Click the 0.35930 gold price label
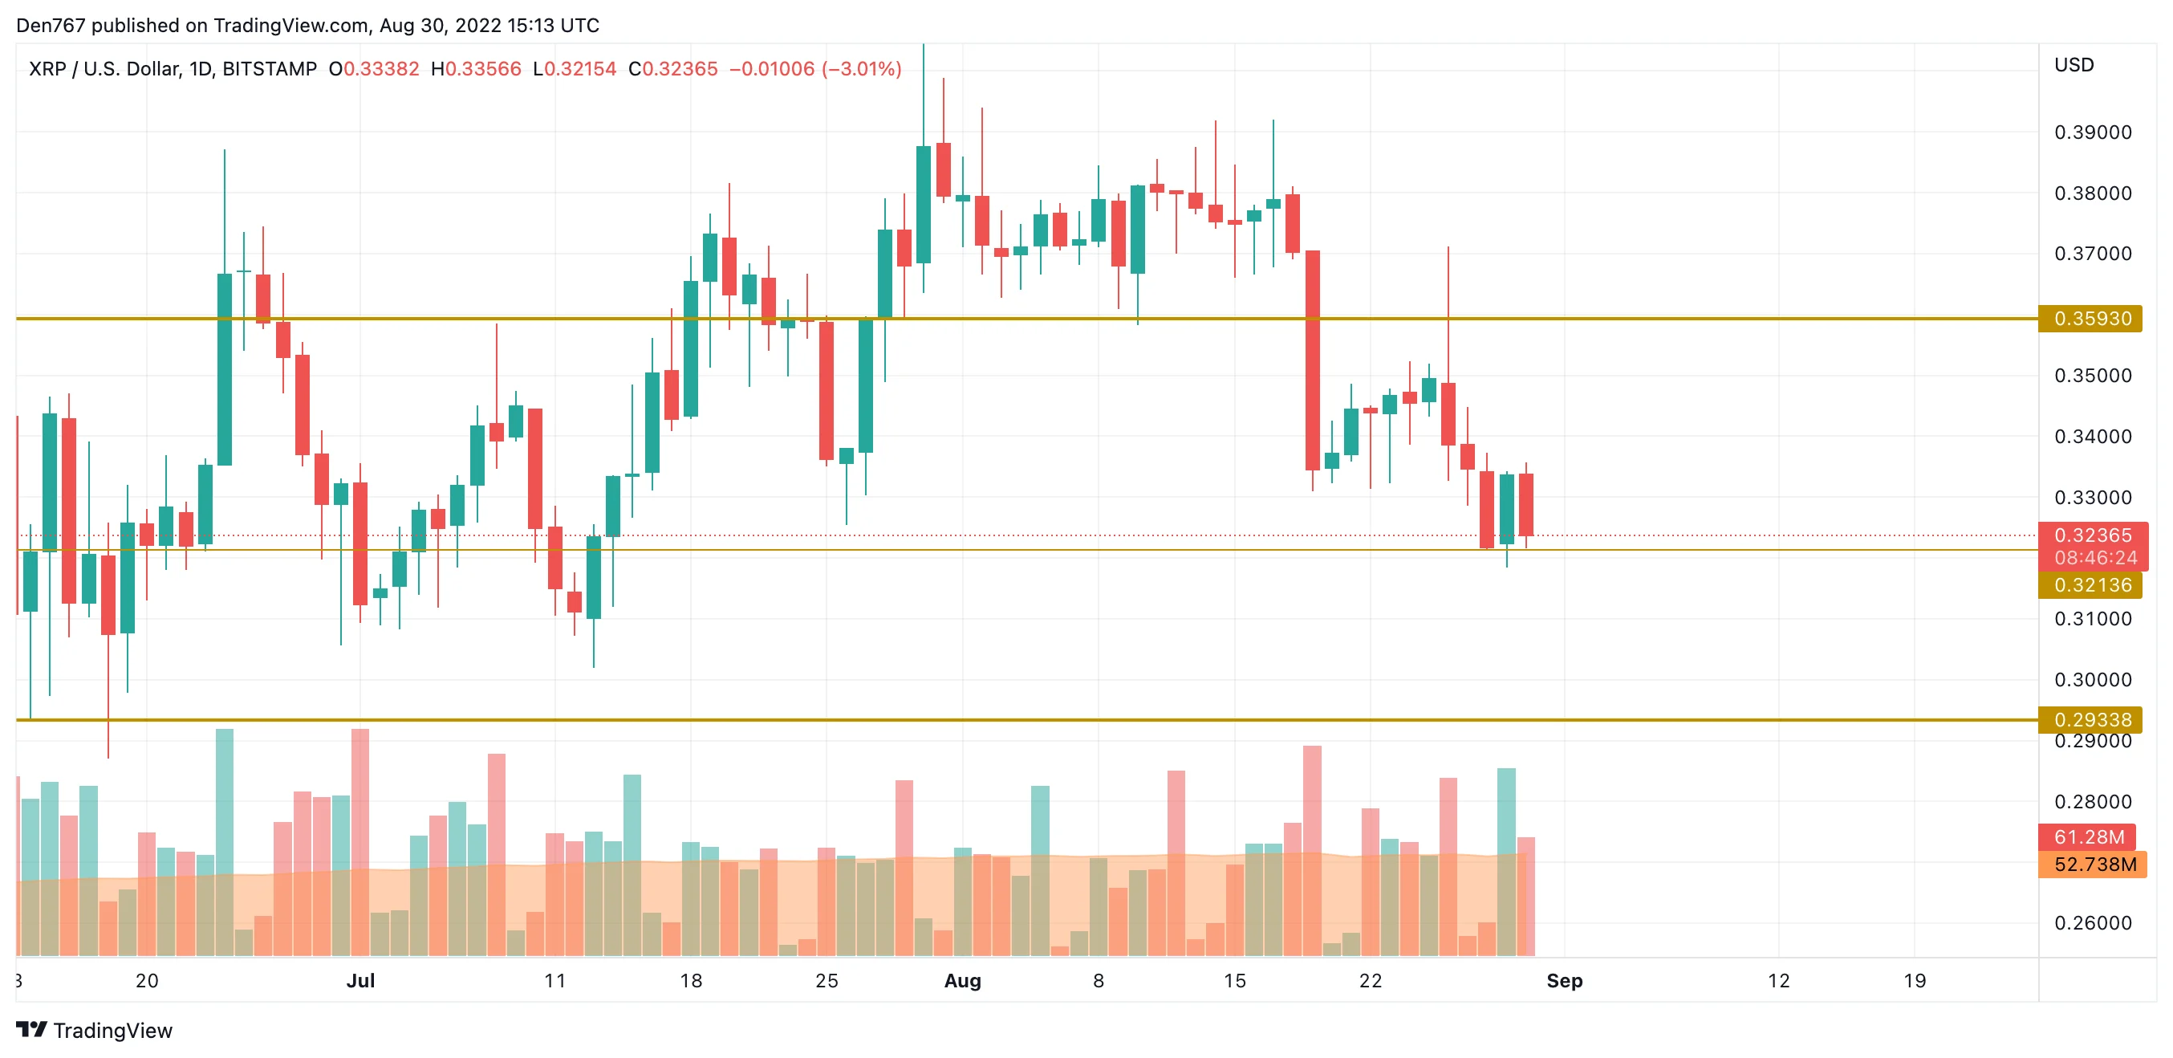point(2090,319)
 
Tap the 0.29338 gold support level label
point(2090,720)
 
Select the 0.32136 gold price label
point(2090,584)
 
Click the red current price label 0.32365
point(2092,535)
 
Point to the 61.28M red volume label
point(2088,837)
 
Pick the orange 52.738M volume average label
point(2094,864)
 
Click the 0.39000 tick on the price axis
point(2092,132)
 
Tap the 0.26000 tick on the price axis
point(2092,923)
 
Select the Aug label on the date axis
point(962,980)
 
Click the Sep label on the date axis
point(1564,980)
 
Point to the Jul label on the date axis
point(360,980)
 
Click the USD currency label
point(2073,65)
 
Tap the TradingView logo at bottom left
point(95,1030)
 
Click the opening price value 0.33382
point(381,68)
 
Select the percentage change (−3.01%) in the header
point(861,68)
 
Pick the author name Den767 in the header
point(51,26)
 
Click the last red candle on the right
point(1526,505)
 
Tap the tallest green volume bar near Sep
point(1505,861)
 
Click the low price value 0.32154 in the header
point(580,68)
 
